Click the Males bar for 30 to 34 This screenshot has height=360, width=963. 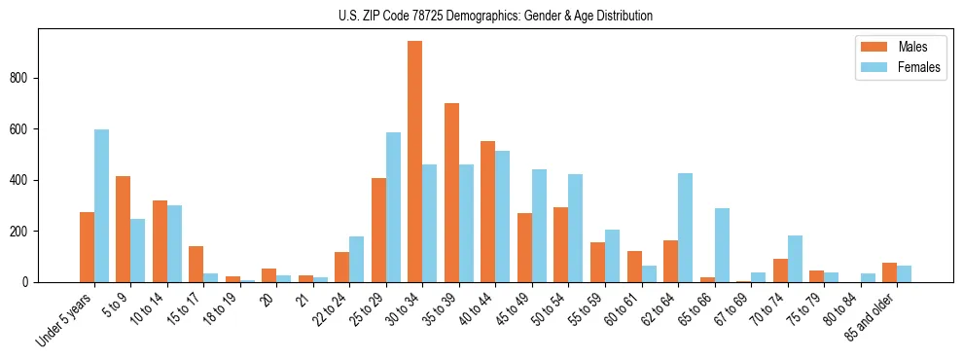(x=415, y=162)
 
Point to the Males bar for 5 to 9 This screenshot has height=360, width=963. (x=124, y=229)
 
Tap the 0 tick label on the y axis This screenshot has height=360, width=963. (x=31, y=282)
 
